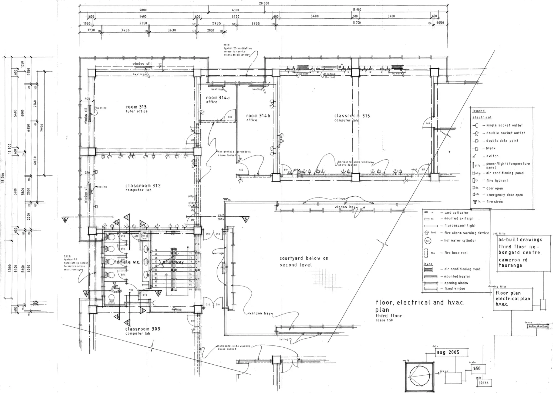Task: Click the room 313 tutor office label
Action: coord(136,109)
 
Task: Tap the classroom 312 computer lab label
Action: coord(143,187)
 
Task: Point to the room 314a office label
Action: coord(218,99)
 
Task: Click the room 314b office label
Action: coord(258,117)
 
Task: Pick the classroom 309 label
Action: coord(143,331)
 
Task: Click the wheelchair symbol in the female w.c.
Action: coord(116,287)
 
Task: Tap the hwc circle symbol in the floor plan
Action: coord(145,236)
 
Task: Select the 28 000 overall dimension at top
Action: coord(264,4)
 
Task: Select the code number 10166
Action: coord(484,383)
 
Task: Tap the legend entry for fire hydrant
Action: coord(497,180)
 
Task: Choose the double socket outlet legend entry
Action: coord(505,133)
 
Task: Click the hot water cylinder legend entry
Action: coord(460,240)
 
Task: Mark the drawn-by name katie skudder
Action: coord(538,326)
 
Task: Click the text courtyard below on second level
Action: coord(304,261)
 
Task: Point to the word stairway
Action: coord(173,262)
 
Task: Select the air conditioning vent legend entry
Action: coord(462,269)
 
